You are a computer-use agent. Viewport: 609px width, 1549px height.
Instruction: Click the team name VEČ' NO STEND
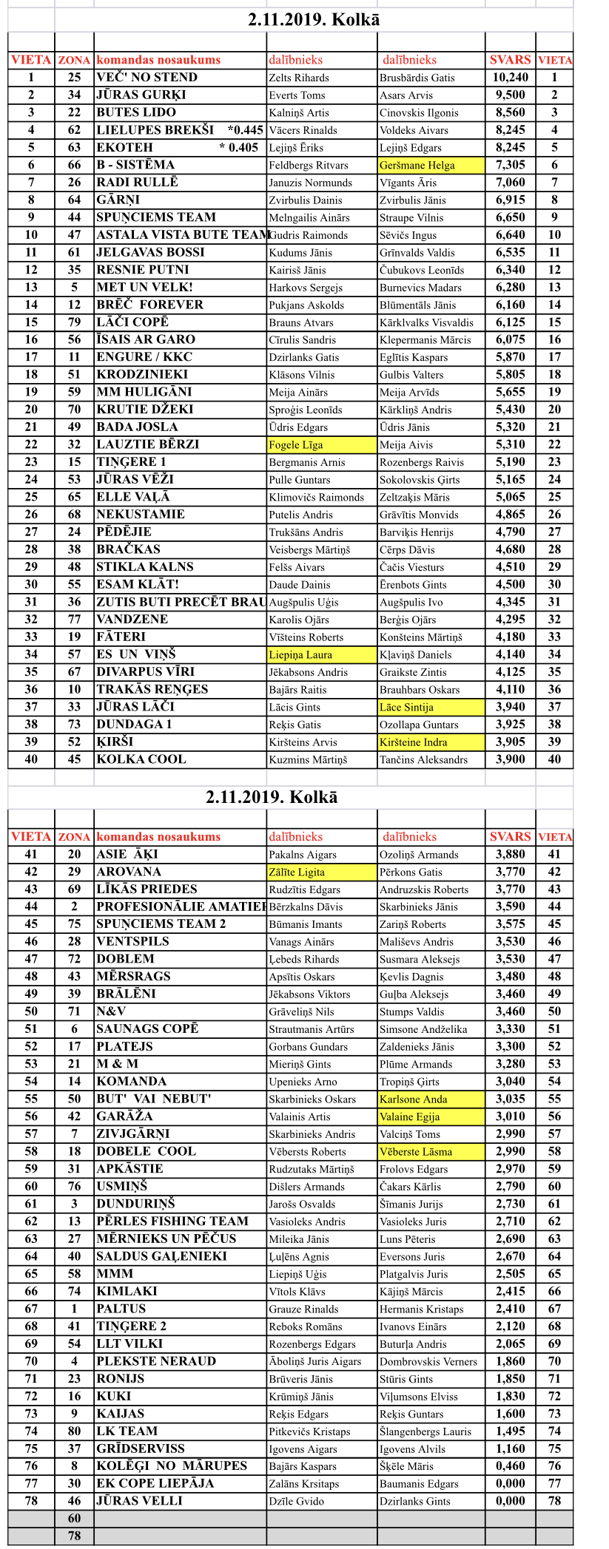point(147,78)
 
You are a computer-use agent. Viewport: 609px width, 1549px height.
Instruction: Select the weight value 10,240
point(510,78)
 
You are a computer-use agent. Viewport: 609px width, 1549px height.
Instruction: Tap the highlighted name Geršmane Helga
point(417,166)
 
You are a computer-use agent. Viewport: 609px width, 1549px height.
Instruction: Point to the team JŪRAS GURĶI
point(141,95)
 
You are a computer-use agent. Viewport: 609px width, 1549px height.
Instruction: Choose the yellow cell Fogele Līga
point(296,445)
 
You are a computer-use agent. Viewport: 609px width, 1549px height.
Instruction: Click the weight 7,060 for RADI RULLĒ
point(510,183)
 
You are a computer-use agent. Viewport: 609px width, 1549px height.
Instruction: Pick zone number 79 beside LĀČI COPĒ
point(74,322)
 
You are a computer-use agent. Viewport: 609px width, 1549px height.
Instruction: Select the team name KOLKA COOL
point(141,759)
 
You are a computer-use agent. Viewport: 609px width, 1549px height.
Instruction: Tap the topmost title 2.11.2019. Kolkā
point(314,20)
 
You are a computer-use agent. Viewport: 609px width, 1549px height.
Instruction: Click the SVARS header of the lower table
point(510,837)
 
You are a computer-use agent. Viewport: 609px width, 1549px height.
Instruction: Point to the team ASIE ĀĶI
point(127,855)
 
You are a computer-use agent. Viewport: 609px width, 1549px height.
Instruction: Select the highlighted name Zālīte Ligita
point(297,872)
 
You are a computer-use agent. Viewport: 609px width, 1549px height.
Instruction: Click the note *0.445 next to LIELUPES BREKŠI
point(246,130)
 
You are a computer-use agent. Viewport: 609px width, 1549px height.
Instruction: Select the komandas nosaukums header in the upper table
point(158,60)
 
